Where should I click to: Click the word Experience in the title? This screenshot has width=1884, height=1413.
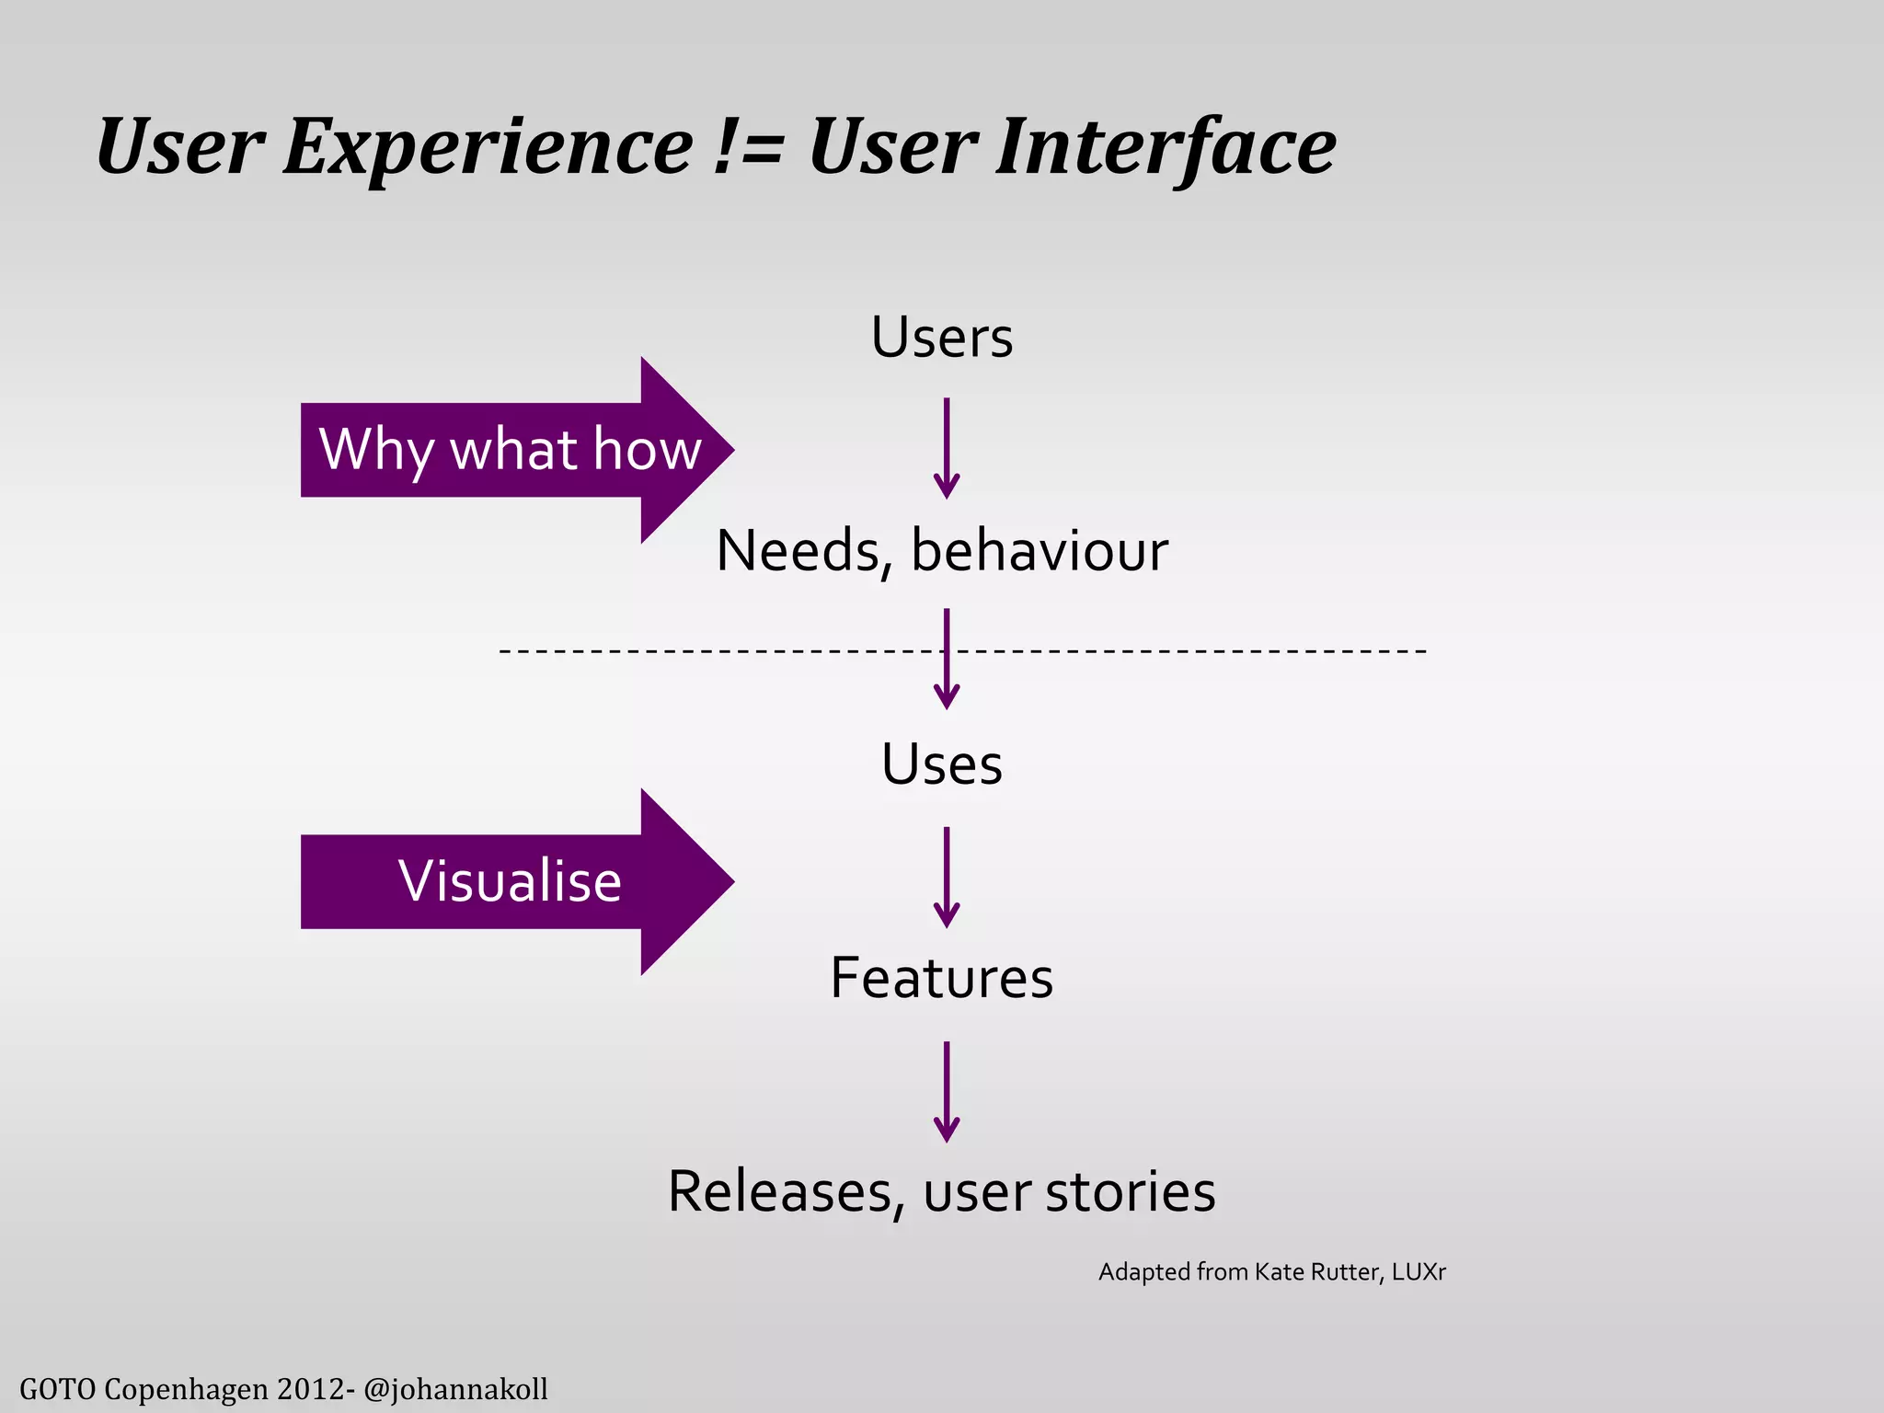tap(488, 147)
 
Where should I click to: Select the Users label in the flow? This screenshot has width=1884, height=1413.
tap(942, 337)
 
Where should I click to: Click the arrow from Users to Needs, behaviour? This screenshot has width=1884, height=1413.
tap(947, 448)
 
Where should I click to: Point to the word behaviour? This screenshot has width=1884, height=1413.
tap(1040, 551)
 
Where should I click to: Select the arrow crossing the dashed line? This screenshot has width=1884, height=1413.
tap(947, 659)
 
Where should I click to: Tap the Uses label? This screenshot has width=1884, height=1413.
tap(942, 764)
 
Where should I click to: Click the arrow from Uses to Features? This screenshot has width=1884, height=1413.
tap(947, 877)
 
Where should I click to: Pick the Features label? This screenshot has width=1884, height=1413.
tap(942, 978)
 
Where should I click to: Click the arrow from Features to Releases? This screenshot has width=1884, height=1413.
tap(947, 1091)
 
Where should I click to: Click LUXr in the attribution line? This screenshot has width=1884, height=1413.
tap(1419, 1272)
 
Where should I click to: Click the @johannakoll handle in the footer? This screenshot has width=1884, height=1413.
tap(455, 1388)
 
